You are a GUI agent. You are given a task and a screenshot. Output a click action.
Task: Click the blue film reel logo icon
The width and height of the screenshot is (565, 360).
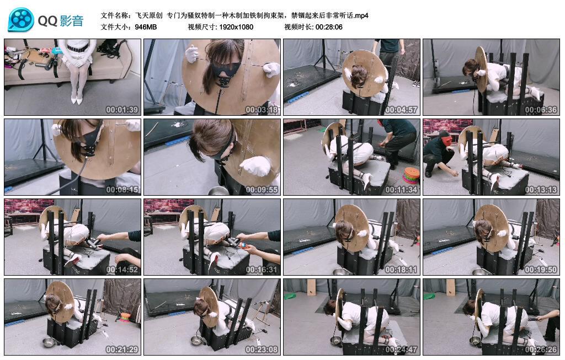coord(21,20)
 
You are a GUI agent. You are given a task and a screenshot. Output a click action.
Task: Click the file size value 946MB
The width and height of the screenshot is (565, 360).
coord(146,27)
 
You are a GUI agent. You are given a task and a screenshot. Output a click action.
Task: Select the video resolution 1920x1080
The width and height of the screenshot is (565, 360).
coord(236,27)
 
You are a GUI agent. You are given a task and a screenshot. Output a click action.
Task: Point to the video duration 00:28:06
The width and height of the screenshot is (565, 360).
coord(329,27)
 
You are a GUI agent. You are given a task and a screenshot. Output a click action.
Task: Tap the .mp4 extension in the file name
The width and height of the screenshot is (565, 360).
coord(361,15)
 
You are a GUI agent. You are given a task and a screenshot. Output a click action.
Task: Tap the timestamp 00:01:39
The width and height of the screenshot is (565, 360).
coord(122,110)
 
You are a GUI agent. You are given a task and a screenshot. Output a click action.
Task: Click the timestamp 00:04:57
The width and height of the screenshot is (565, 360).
coord(401,110)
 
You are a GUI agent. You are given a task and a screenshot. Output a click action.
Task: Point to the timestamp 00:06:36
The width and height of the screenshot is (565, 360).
coord(541,110)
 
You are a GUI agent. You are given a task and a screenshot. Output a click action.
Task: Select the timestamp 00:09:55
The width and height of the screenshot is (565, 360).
coord(262,190)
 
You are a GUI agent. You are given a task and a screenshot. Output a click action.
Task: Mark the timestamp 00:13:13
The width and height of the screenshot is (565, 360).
coord(541,190)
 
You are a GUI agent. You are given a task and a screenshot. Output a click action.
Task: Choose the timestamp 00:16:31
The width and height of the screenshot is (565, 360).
coord(262,270)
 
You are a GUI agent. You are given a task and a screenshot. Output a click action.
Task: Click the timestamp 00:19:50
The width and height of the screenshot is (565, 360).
coord(541,270)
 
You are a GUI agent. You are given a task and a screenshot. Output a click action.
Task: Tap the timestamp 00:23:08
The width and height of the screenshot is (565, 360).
coord(262,349)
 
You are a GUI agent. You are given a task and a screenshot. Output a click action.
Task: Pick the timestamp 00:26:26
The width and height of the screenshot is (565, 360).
coord(541,349)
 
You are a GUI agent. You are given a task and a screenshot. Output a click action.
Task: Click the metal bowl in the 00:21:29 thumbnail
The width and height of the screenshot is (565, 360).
coord(49,342)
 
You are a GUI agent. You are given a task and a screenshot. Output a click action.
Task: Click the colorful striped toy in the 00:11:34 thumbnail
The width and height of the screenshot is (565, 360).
coord(411,175)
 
